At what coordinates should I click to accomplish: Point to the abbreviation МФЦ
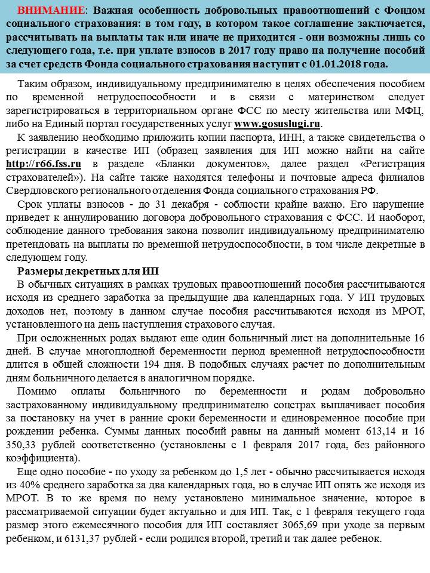point(410,111)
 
